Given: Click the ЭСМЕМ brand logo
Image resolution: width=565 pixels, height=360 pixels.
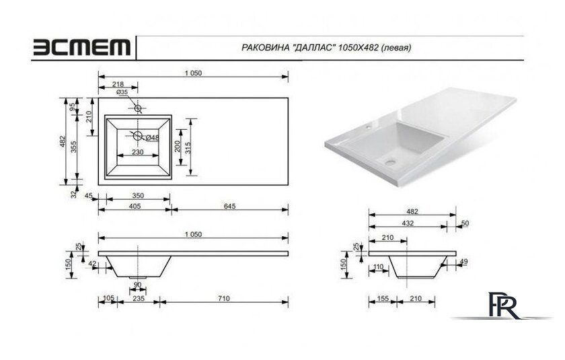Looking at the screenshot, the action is pos(82,47).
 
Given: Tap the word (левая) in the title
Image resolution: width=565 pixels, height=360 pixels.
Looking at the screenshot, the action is pos(396,48).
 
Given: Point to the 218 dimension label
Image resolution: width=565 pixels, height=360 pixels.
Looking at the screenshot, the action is pos(118,84).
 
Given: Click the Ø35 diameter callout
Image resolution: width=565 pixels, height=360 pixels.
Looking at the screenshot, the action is pos(122,92).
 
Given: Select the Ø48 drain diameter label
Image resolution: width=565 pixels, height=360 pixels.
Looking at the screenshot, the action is pos(153,137).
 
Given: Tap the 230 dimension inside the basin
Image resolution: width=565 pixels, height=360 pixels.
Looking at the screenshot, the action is pos(138,151).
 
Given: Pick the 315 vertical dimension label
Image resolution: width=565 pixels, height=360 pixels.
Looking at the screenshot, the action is pos(188,148).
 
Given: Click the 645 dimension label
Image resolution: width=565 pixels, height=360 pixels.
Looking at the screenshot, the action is pos(229,206).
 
